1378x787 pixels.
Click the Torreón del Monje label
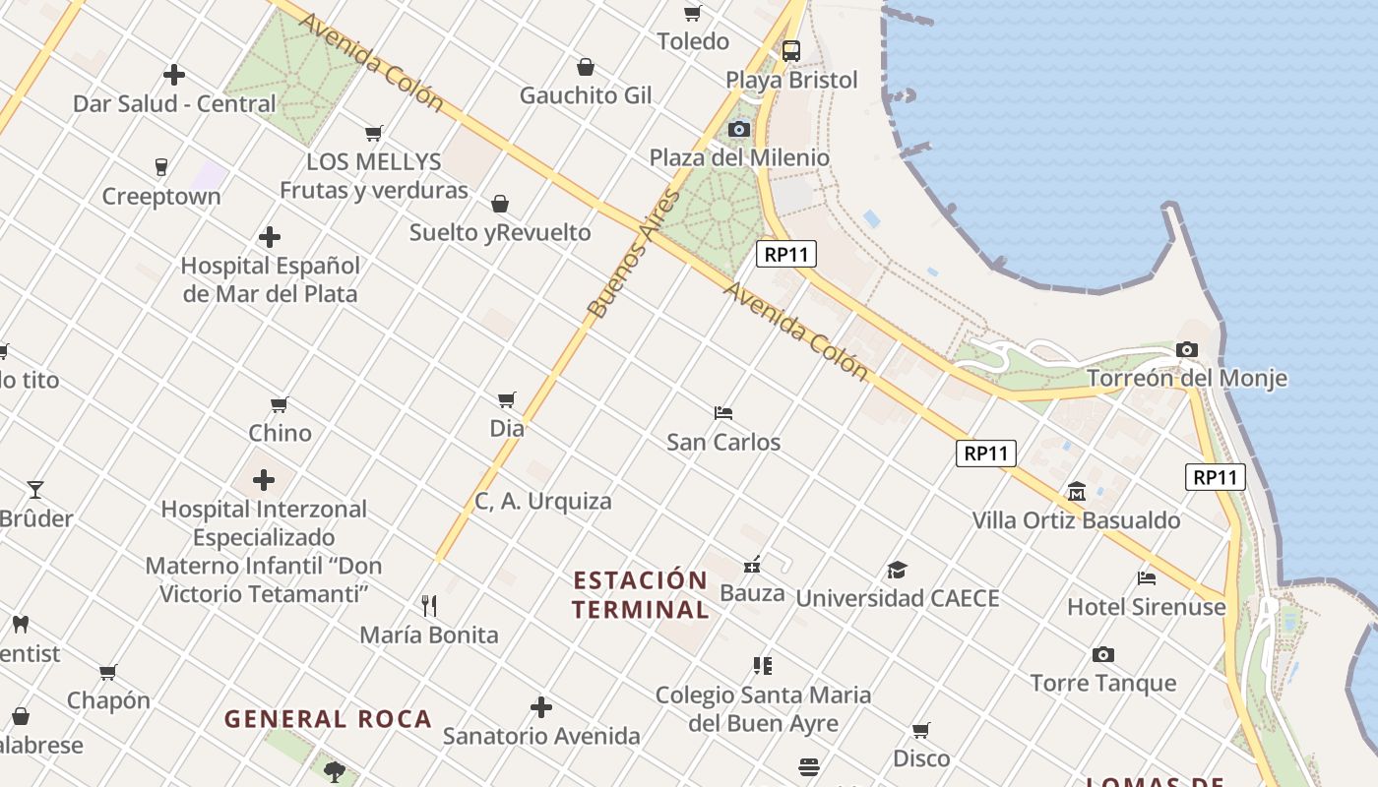pyautogui.click(x=1186, y=379)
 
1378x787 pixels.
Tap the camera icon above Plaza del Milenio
pyautogui.click(x=738, y=129)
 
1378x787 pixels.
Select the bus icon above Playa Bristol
pyautogui.click(x=790, y=50)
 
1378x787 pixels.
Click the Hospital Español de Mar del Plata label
pyautogui.click(x=270, y=279)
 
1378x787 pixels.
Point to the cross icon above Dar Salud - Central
pyautogui.click(x=174, y=75)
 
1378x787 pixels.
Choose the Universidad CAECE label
pyautogui.click(x=897, y=598)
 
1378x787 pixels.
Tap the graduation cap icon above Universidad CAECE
pyautogui.click(x=896, y=570)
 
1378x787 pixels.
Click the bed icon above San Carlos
pyautogui.click(x=723, y=413)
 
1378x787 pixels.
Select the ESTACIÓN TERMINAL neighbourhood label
pyautogui.click(x=641, y=594)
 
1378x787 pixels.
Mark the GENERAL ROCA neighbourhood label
pyautogui.click(x=328, y=719)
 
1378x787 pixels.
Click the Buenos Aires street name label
pyautogui.click(x=634, y=254)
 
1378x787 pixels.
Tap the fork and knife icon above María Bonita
pyautogui.click(x=428, y=605)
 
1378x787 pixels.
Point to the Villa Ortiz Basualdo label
pyautogui.click(x=1076, y=520)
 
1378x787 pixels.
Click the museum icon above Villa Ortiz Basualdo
pyautogui.click(x=1076, y=491)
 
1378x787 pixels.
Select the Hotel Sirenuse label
pyautogui.click(x=1147, y=607)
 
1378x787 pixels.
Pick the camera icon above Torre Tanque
pyautogui.click(x=1102, y=654)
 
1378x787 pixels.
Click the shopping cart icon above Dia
pyautogui.click(x=506, y=399)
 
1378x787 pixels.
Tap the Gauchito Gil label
pyautogui.click(x=586, y=95)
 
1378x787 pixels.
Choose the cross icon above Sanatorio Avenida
pyautogui.click(x=540, y=707)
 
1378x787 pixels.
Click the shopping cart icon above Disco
pyautogui.click(x=920, y=730)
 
